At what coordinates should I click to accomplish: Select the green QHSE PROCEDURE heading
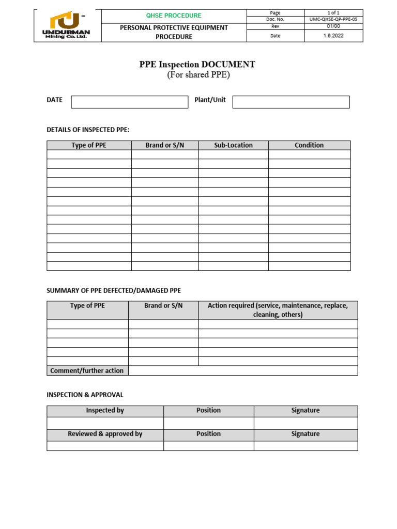point(174,15)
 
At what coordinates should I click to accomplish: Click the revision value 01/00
point(333,26)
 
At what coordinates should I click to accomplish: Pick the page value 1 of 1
point(333,13)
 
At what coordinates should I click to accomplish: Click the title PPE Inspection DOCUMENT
point(197,65)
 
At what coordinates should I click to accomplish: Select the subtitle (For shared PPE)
point(198,75)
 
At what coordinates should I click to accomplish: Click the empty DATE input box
point(129,102)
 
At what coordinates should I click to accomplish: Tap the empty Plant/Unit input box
point(291,102)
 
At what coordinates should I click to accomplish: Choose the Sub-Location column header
point(233,145)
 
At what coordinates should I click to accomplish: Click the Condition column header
point(309,145)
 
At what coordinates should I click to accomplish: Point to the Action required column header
point(278,310)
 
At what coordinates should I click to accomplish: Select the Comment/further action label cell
point(87,370)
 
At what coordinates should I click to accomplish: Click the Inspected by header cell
point(105,411)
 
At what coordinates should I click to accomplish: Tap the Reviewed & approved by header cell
point(105,434)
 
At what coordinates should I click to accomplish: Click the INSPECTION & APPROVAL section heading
point(85,395)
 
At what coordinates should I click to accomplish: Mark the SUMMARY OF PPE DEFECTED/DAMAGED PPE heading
point(114,291)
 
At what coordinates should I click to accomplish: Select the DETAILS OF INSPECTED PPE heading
point(88,130)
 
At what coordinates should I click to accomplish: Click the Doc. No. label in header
point(275,20)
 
